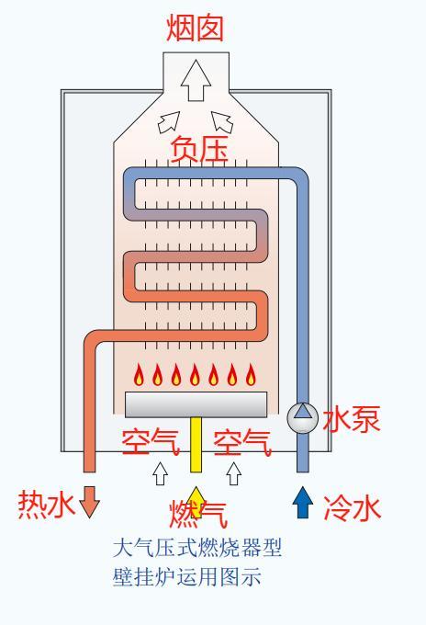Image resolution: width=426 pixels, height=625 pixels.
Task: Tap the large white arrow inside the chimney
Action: pyautogui.click(x=195, y=82)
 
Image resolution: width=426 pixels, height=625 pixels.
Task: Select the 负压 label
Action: pyautogui.click(x=199, y=148)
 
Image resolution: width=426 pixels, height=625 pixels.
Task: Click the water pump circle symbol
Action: pyautogui.click(x=302, y=418)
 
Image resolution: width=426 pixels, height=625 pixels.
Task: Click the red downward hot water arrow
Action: pyautogui.click(x=90, y=505)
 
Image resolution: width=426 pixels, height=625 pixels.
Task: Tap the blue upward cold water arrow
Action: pyautogui.click(x=302, y=505)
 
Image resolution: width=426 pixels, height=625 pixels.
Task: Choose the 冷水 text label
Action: pyautogui.click(x=352, y=507)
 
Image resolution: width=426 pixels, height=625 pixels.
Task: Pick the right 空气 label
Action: pyautogui.click(x=241, y=443)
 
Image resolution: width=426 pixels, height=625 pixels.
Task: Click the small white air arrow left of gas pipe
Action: pyautogui.click(x=160, y=473)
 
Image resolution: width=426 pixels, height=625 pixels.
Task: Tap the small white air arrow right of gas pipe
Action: pyautogui.click(x=233, y=473)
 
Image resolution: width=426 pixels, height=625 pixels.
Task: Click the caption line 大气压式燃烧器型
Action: pyautogui.click(x=196, y=550)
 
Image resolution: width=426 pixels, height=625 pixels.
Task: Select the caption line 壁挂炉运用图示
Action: pyautogui.click(x=186, y=579)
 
